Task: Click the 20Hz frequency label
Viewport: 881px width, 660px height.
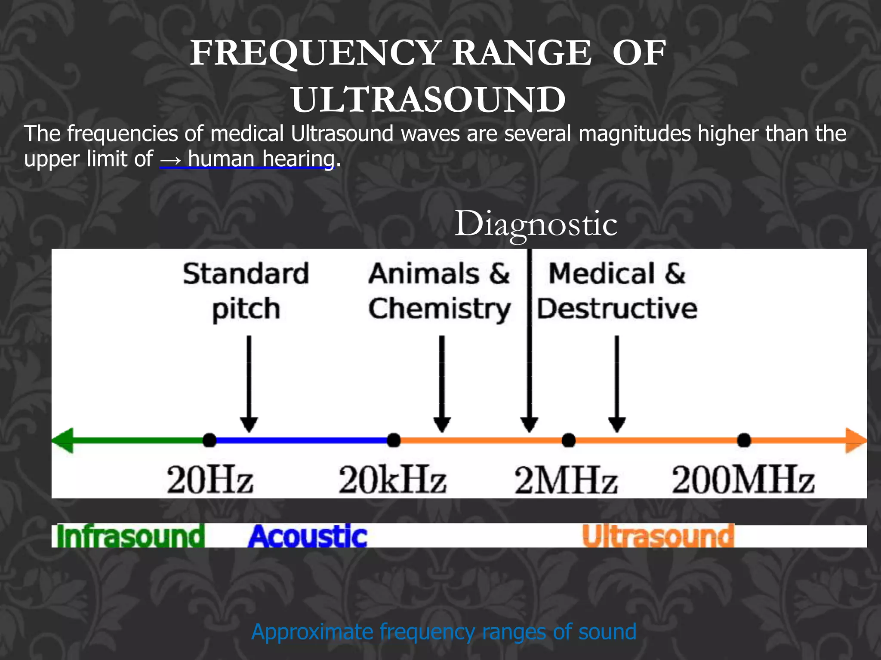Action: pos(210,480)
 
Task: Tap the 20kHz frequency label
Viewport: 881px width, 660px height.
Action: pos(392,480)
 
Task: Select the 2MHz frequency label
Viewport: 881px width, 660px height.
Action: pos(566,480)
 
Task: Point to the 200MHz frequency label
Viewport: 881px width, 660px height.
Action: pos(743,480)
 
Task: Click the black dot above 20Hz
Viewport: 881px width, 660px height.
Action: pos(209,440)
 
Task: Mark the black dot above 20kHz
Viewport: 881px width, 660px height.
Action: pos(394,440)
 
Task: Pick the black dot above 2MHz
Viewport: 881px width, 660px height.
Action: pos(569,440)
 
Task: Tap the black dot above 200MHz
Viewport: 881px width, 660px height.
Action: pos(744,440)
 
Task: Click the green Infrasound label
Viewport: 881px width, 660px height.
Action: pos(130,536)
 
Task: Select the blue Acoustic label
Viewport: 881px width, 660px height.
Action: pos(308,536)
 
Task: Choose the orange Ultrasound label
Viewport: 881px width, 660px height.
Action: pos(658,536)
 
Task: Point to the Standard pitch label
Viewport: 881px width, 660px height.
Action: pos(246,291)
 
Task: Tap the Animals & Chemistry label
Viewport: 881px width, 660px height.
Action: pos(439,291)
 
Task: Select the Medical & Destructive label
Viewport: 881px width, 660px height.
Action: pos(617,291)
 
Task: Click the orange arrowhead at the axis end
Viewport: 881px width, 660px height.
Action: pos(855,440)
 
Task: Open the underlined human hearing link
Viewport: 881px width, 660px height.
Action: pos(261,159)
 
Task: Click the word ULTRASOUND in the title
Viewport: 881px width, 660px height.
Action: pos(428,100)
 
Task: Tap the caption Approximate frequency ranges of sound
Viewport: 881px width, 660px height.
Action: pos(444,632)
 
